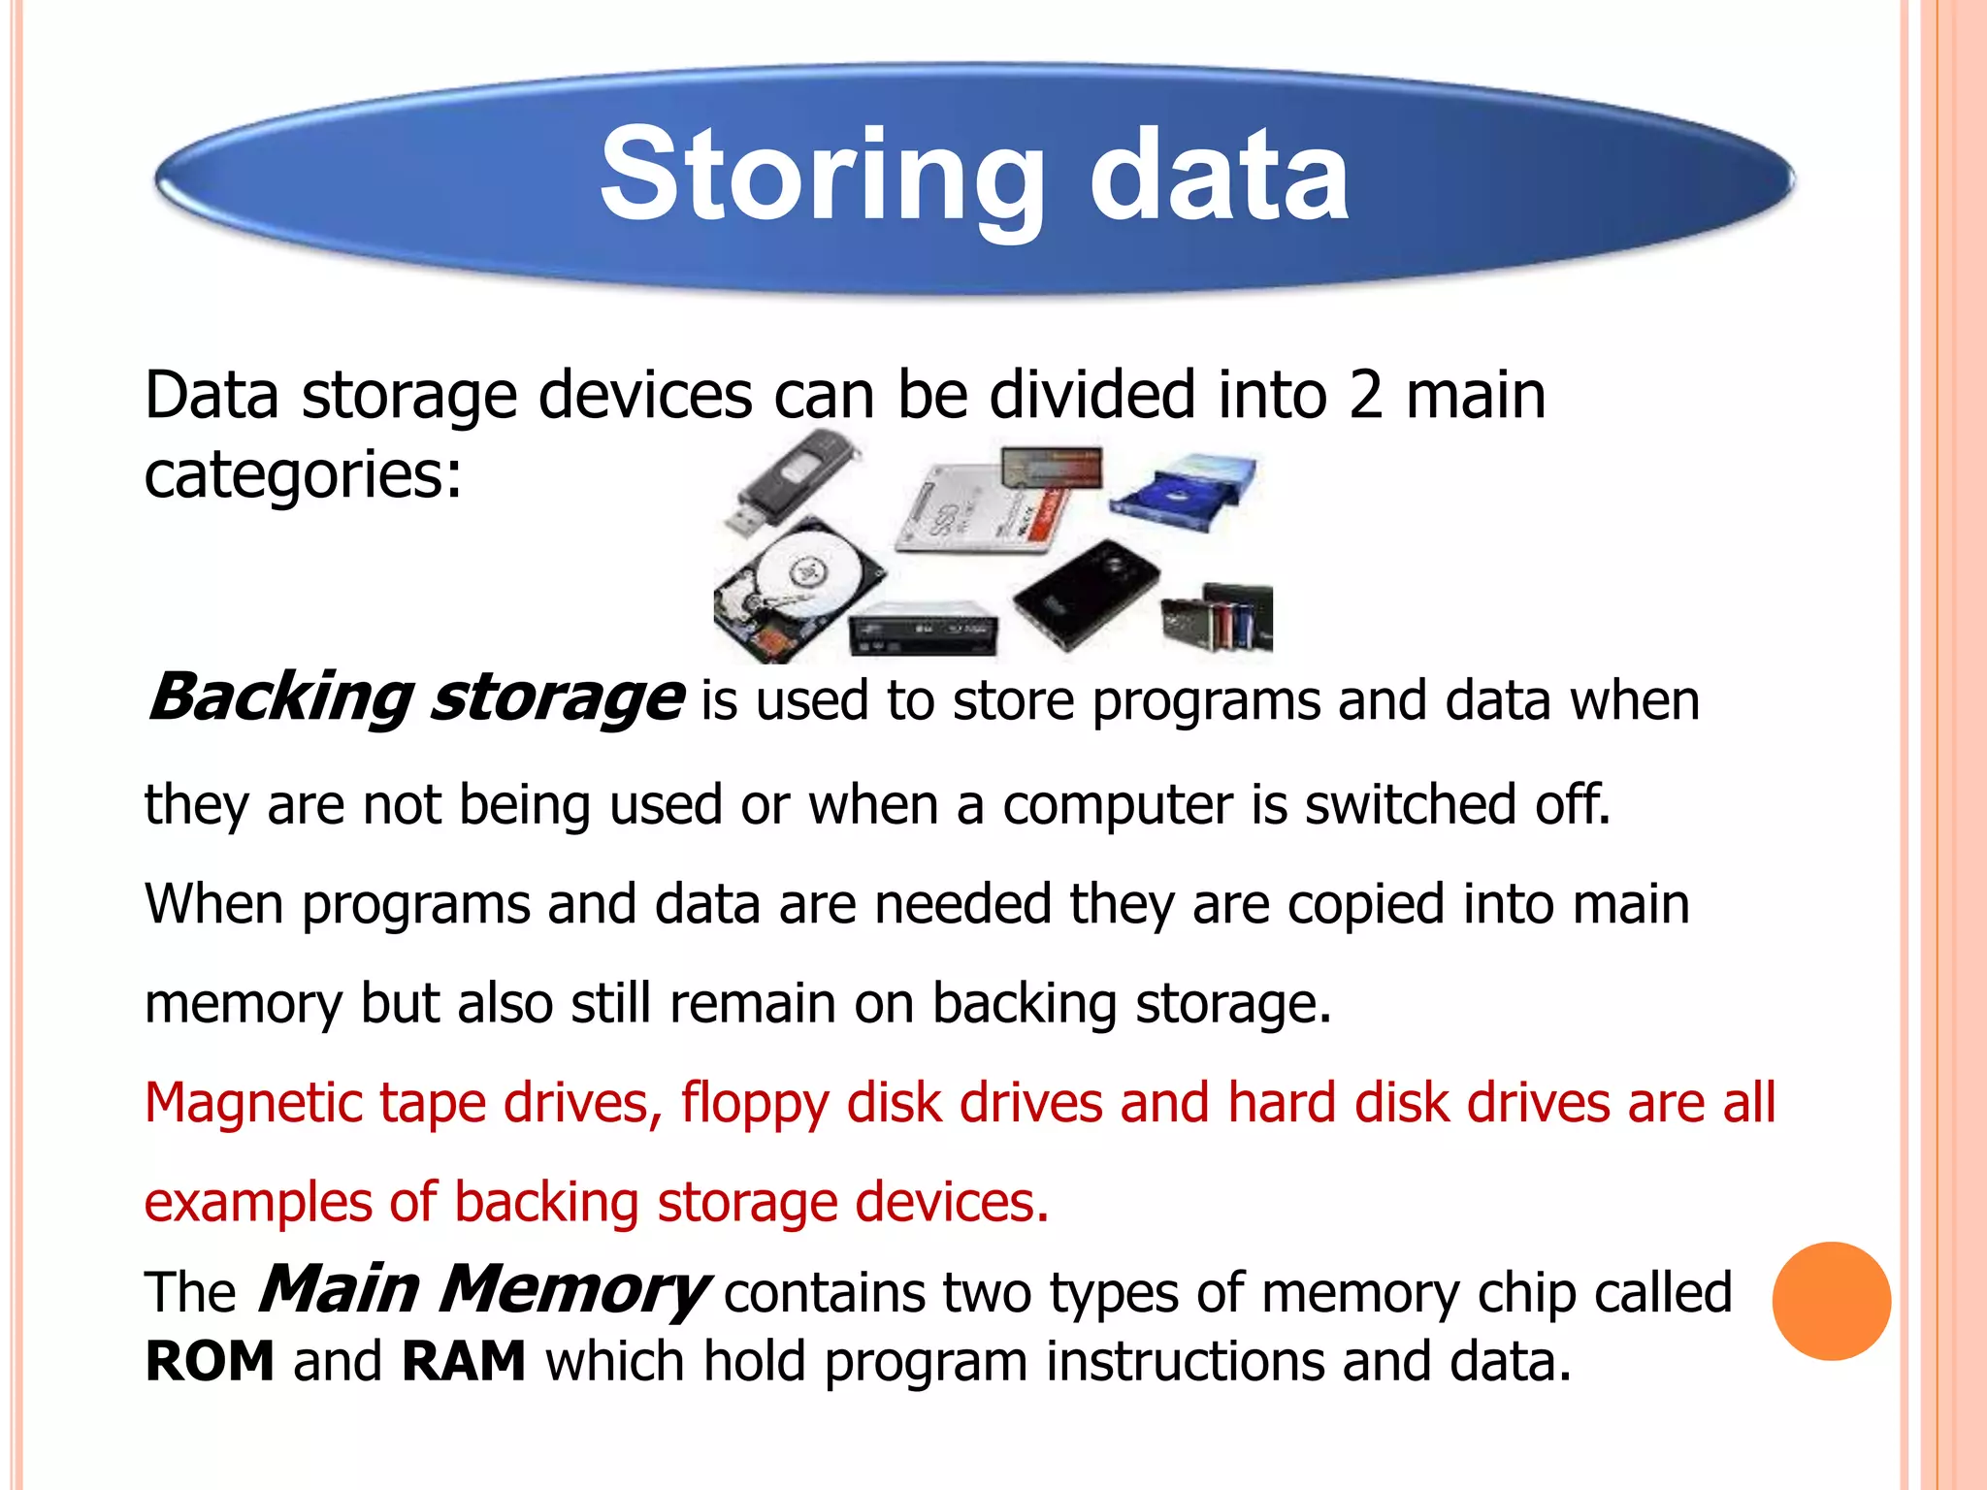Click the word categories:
(x=303, y=475)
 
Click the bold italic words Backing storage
(x=414, y=697)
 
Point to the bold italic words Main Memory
(x=482, y=1290)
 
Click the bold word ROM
(x=210, y=1361)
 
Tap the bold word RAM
(x=463, y=1361)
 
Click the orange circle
(x=1831, y=1301)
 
